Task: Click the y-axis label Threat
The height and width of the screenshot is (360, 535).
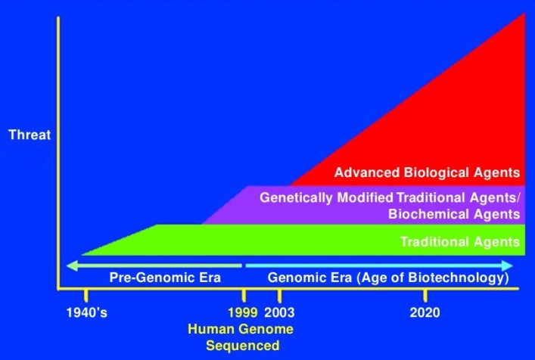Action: point(28,135)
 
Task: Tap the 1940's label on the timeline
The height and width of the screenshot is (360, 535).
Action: point(86,312)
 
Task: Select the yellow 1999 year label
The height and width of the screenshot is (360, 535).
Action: point(241,312)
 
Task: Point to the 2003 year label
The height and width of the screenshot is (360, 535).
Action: point(279,312)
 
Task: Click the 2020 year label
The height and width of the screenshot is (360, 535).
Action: point(423,312)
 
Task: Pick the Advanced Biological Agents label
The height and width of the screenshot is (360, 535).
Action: point(426,172)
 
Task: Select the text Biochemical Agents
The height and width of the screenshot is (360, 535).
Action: point(454,213)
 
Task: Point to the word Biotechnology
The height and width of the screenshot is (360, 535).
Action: point(462,278)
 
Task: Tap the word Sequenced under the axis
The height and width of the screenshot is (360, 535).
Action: point(243,346)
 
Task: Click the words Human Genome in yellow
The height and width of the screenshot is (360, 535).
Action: point(240,330)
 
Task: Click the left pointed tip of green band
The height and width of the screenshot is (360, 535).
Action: point(82,255)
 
